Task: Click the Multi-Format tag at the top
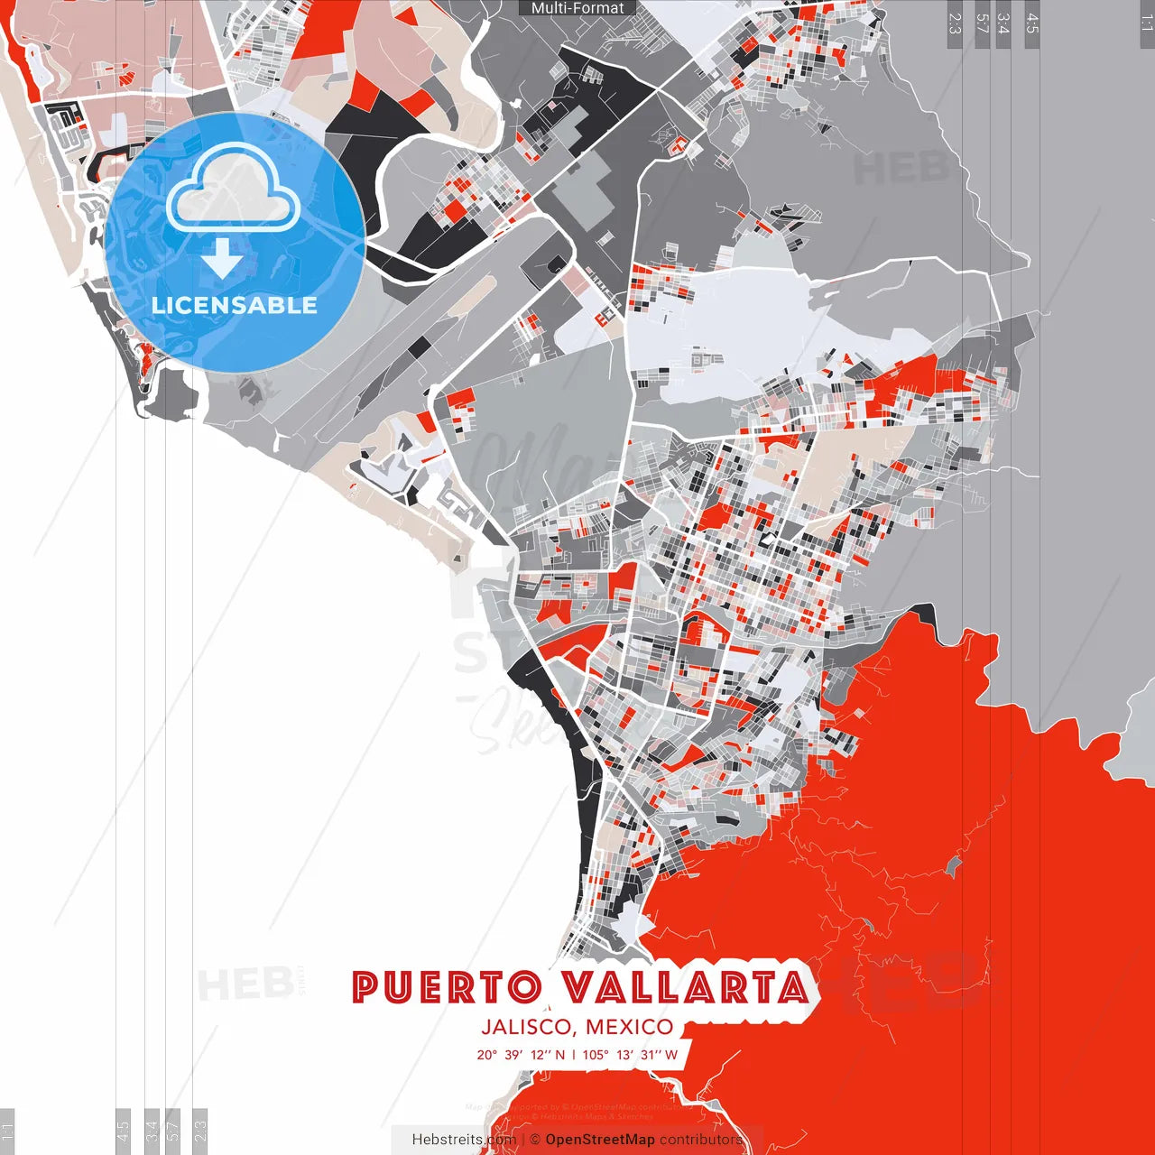(x=577, y=8)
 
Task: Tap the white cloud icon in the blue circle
(x=234, y=189)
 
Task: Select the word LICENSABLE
(x=235, y=305)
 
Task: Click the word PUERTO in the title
(x=447, y=988)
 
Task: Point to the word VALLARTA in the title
(x=686, y=988)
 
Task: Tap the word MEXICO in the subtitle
(x=629, y=1027)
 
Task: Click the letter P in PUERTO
(x=365, y=988)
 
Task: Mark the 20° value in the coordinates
(x=487, y=1055)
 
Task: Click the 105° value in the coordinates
(x=596, y=1055)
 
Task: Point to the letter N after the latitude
(x=560, y=1055)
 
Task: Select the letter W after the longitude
(x=671, y=1055)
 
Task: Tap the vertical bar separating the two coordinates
(x=573, y=1055)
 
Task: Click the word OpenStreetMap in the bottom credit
(x=600, y=1140)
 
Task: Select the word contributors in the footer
(x=701, y=1140)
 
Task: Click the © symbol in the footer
(x=535, y=1140)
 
